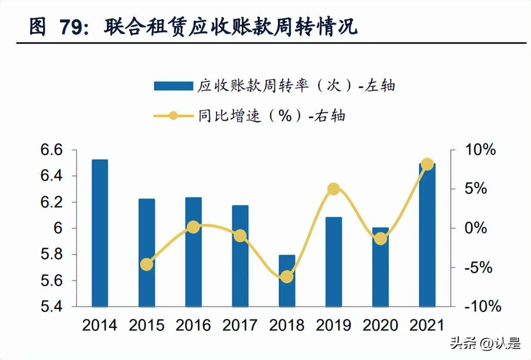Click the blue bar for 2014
tap(100, 233)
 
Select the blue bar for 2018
tap(287, 281)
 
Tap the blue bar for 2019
tap(333, 262)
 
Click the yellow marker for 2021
tap(427, 164)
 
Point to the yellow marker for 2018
tap(287, 277)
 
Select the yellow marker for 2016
tap(194, 227)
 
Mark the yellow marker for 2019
tap(333, 189)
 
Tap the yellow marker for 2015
tap(147, 264)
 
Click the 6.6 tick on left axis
tap(52, 150)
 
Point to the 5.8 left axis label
tap(52, 254)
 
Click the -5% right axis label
tap(478, 268)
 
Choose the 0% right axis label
tap(476, 228)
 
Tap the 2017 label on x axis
tap(240, 325)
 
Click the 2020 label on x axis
tap(380, 325)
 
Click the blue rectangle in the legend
tap(173, 86)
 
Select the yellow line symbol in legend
tap(173, 116)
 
